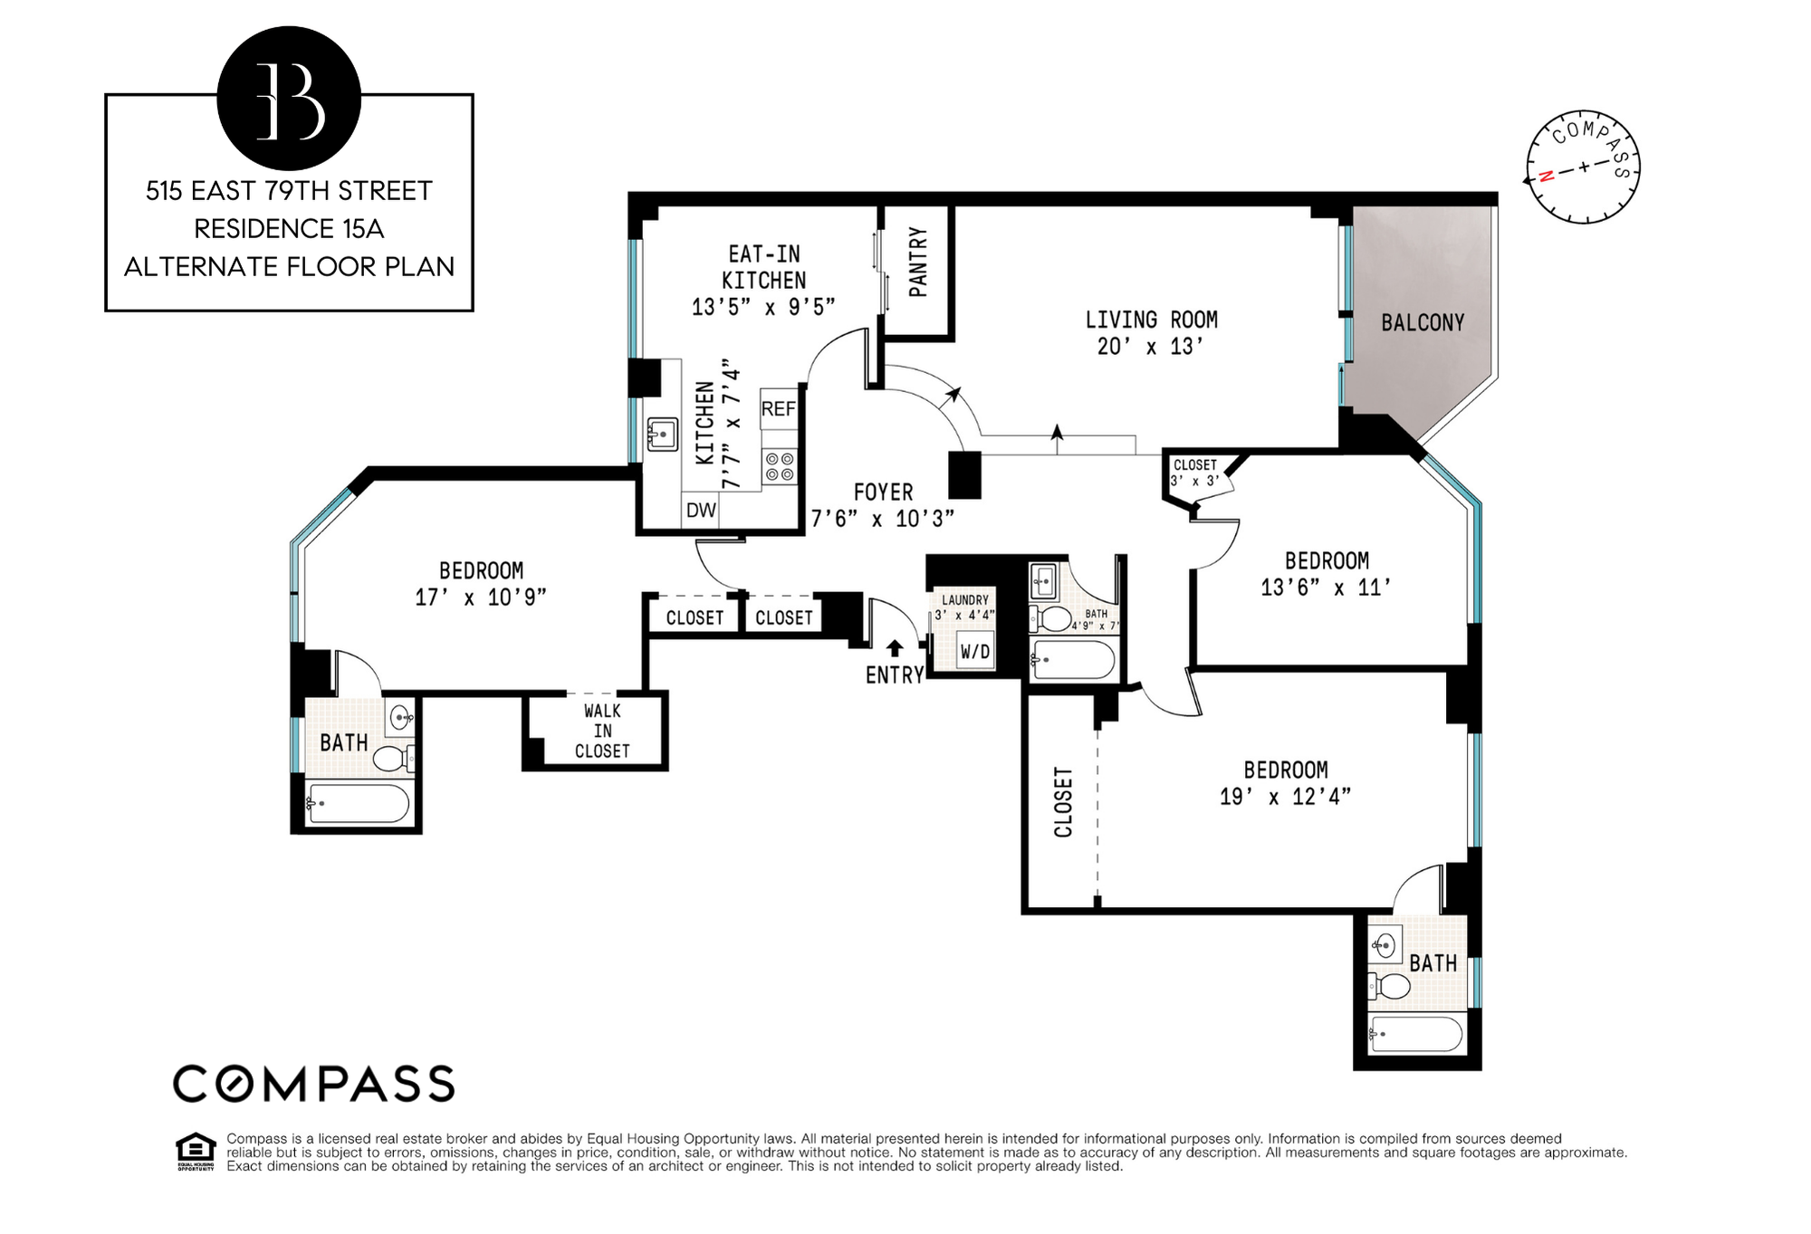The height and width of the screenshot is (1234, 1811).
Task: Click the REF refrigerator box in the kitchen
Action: coord(778,409)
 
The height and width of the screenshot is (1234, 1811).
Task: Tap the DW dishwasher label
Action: coord(701,511)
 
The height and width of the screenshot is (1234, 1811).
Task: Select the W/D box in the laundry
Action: coord(975,652)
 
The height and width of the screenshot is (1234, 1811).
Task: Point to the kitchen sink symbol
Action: coord(662,435)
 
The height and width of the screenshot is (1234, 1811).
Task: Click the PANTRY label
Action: coord(918,263)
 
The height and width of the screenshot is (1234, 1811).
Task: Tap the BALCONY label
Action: coord(1422,322)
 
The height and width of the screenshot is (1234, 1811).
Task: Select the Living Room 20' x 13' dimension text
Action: coord(1150,347)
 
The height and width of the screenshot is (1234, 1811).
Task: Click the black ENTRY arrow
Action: coord(895,647)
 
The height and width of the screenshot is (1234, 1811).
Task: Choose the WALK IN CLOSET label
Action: coord(601,732)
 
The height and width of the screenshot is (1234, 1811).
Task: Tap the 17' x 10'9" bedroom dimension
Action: coord(480,598)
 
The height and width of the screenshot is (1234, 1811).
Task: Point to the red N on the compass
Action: coord(1547,176)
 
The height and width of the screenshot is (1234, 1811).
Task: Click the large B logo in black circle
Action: coord(289,100)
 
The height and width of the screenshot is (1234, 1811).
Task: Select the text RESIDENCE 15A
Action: coord(289,229)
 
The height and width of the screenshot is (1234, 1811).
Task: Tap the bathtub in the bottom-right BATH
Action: coord(1415,1035)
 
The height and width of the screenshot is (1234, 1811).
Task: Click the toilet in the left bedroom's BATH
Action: coord(394,758)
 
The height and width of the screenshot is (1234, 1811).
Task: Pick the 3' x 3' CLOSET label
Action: coord(1195,473)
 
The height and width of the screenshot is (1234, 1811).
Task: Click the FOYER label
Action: coord(883,493)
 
